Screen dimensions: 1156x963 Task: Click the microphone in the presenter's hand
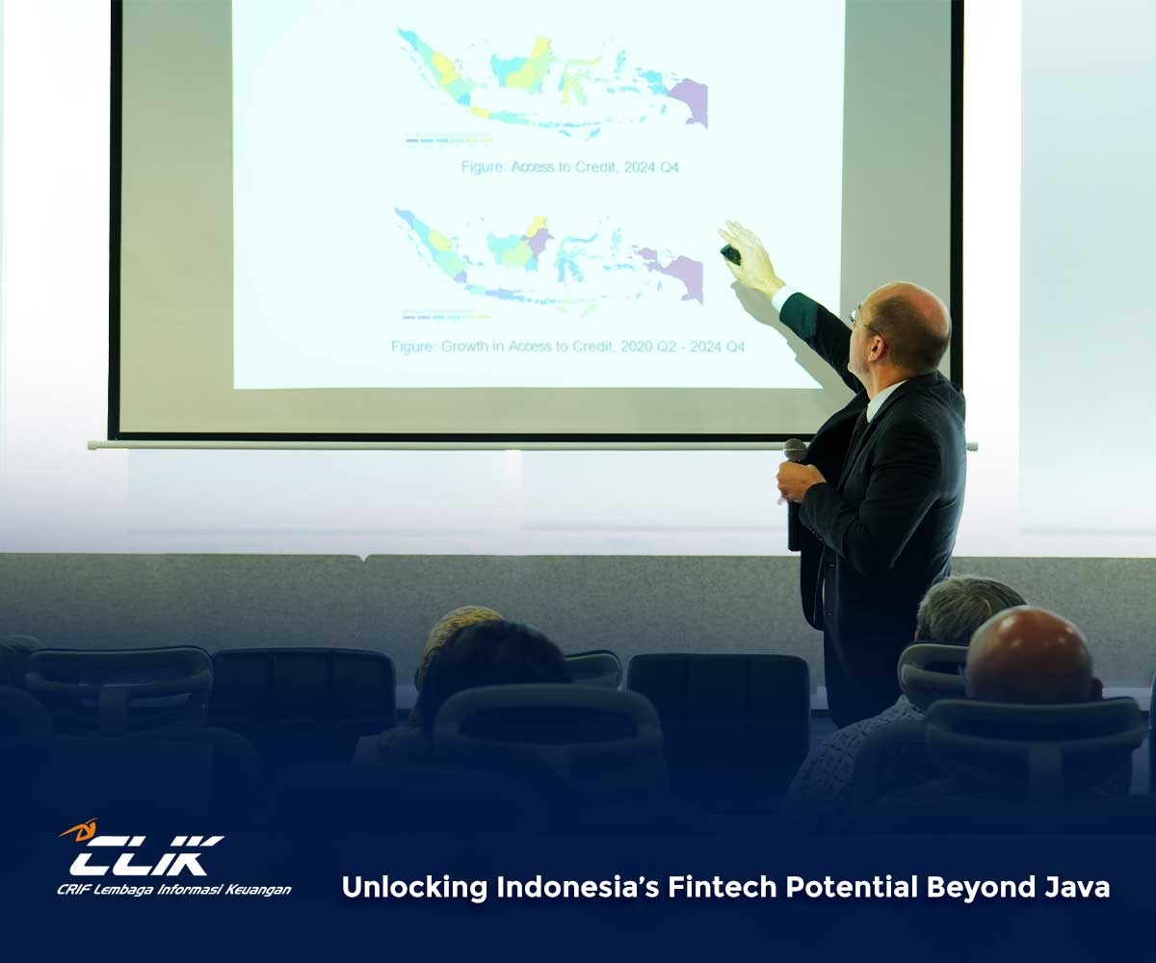pyautogui.click(x=794, y=487)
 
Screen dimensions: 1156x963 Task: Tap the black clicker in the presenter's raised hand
pyautogui.click(x=730, y=254)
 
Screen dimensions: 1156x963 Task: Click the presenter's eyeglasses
pyautogui.click(x=862, y=322)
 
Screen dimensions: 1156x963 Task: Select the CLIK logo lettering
pyautogui.click(x=146, y=856)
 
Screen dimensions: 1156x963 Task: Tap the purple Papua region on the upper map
pyautogui.click(x=688, y=101)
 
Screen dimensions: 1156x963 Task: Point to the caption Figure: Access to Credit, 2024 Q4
pyautogui.click(x=569, y=168)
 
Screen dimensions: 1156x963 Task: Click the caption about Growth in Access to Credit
pyautogui.click(x=567, y=347)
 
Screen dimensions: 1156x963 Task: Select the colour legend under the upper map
pyautogui.click(x=449, y=140)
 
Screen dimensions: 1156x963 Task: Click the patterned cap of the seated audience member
pyautogui.click(x=460, y=631)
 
